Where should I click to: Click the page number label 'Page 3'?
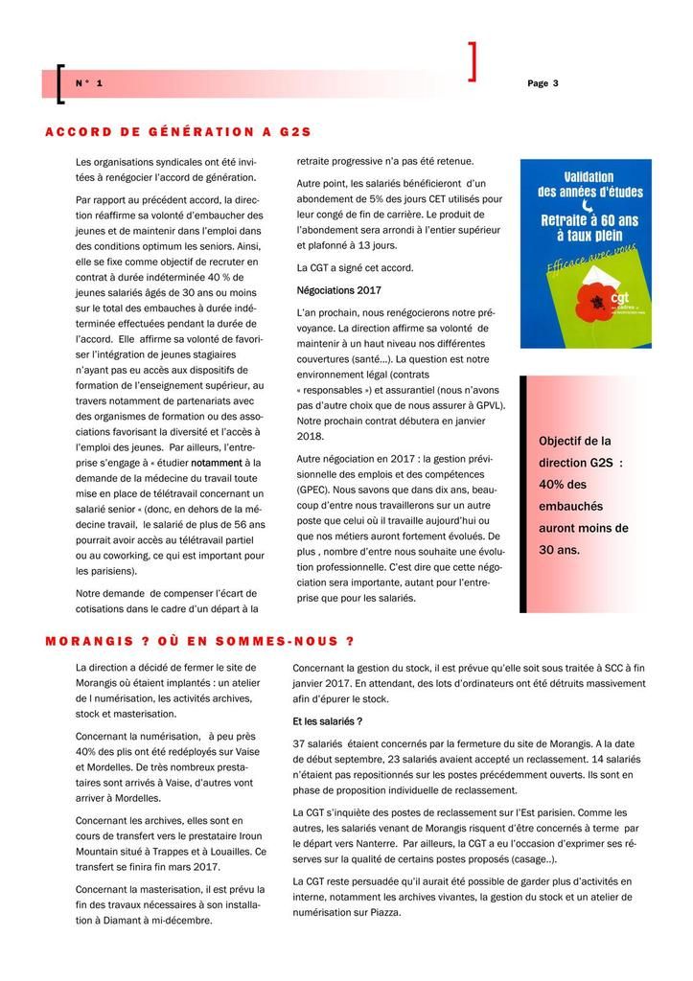pos(543,83)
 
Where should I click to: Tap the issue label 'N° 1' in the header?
pos(89,84)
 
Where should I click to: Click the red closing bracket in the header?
pos(472,62)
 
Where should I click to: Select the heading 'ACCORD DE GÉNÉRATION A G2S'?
pos(178,131)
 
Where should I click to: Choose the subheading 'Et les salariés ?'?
pos(327,720)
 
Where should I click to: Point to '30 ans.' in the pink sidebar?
pos(560,550)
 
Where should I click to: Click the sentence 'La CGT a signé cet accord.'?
pos(355,267)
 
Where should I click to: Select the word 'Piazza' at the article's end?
pos(379,912)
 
